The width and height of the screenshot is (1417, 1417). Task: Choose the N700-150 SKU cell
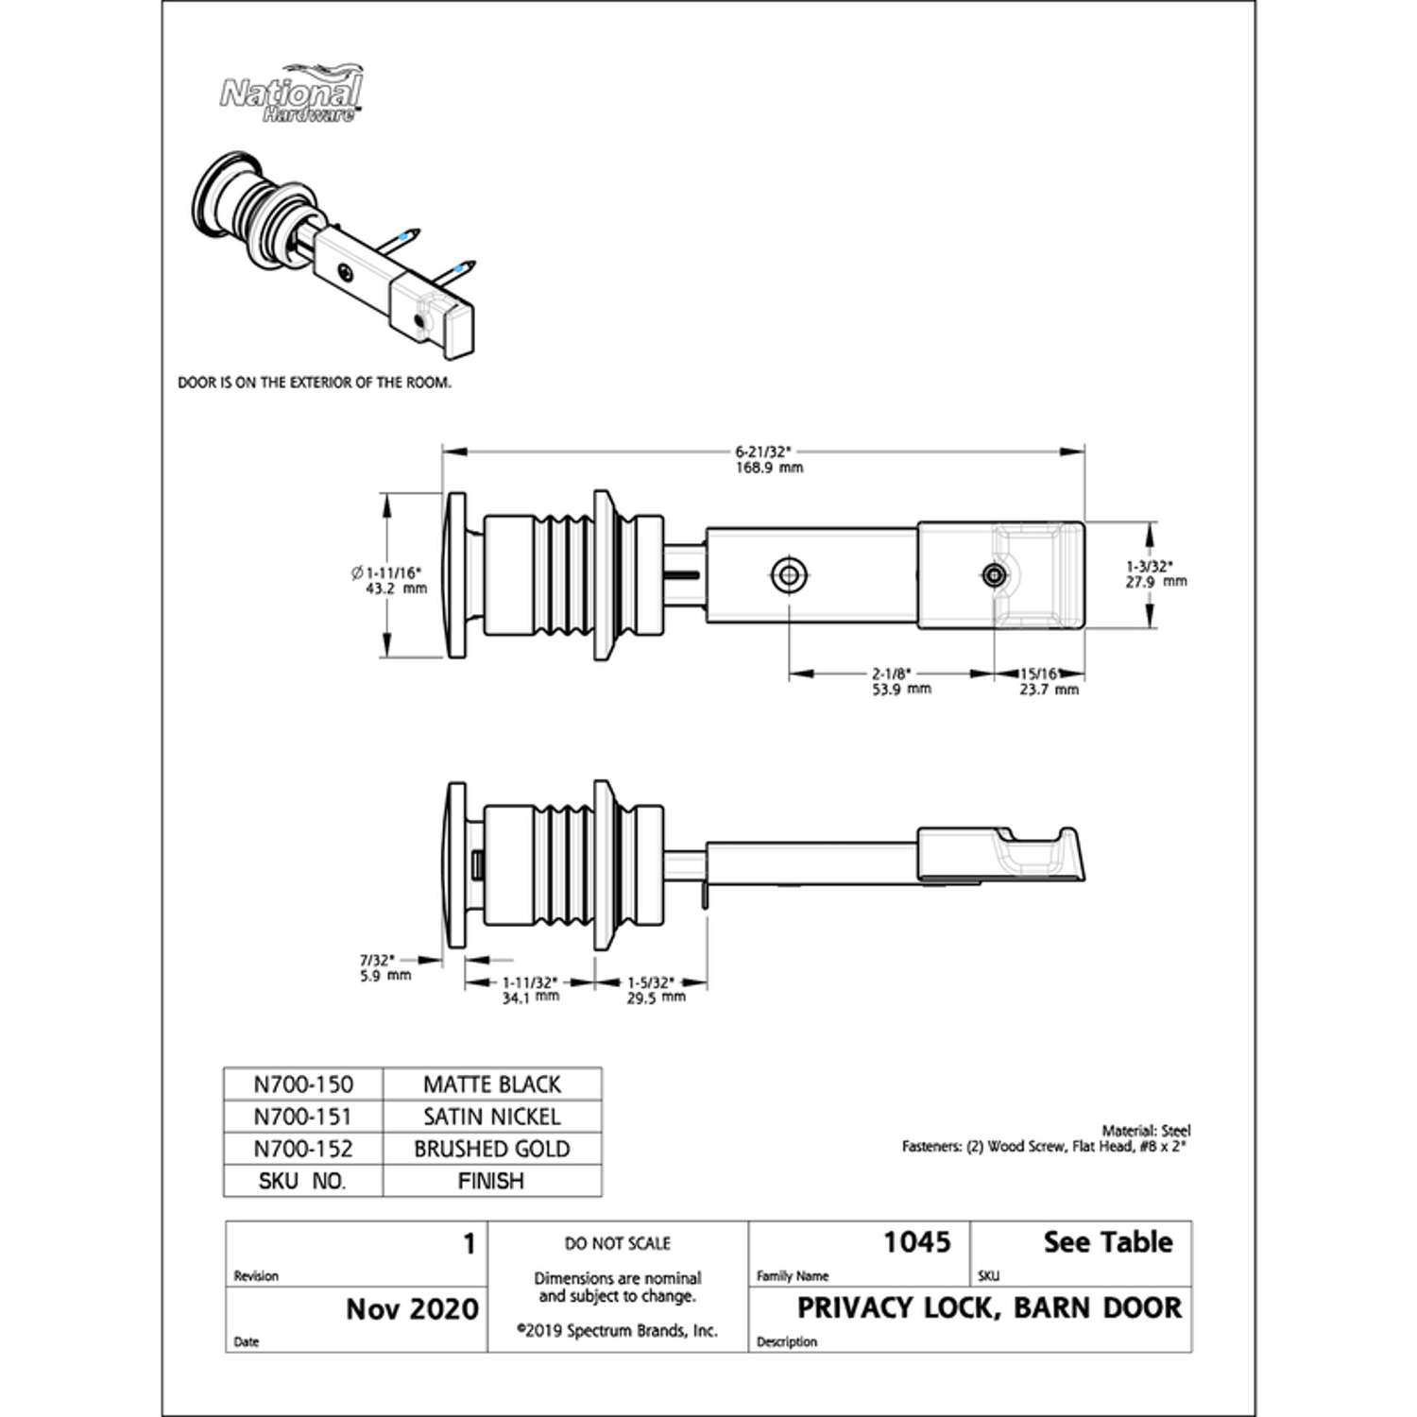pos(303,1084)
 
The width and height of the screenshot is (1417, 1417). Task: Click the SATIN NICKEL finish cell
pos(491,1117)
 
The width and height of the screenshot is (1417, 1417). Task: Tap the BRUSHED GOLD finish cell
pos(491,1149)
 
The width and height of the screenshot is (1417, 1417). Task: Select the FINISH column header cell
pos(491,1181)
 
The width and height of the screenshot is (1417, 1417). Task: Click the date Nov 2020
pos(412,1309)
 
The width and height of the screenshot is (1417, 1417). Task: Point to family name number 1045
pos(916,1242)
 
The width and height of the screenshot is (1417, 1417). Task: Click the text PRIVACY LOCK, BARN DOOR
pos(989,1308)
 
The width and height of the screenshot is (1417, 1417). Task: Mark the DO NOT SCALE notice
pos(618,1243)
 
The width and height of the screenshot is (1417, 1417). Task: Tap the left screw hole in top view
pos(788,574)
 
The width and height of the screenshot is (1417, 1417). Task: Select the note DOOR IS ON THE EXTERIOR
pos(315,383)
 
